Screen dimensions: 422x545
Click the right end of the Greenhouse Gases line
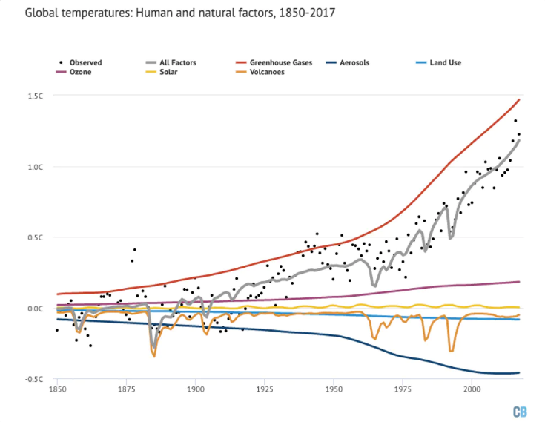click(x=519, y=99)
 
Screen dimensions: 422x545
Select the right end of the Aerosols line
click(x=519, y=372)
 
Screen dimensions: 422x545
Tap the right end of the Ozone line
click(x=519, y=282)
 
